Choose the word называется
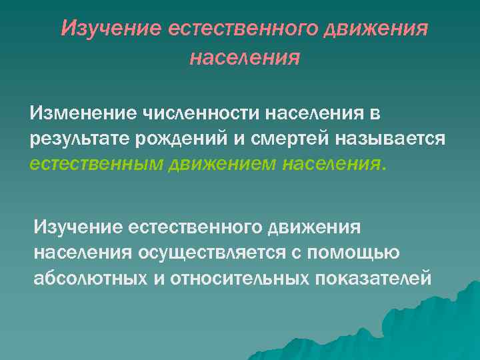tap(388, 138)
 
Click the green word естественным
tap(92, 163)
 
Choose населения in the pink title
tap(244, 58)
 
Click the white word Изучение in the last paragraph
tap(85, 228)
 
